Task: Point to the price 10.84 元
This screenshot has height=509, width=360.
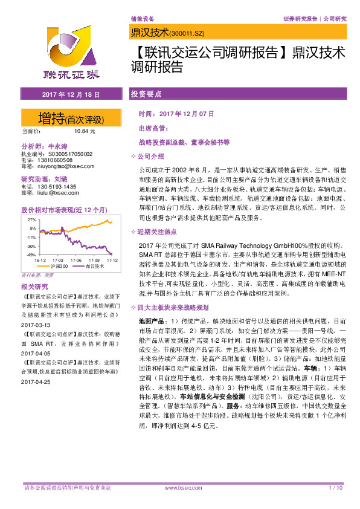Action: click(x=84, y=131)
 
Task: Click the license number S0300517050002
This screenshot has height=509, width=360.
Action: click(x=67, y=154)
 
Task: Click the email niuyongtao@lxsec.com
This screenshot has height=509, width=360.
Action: click(x=62, y=166)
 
